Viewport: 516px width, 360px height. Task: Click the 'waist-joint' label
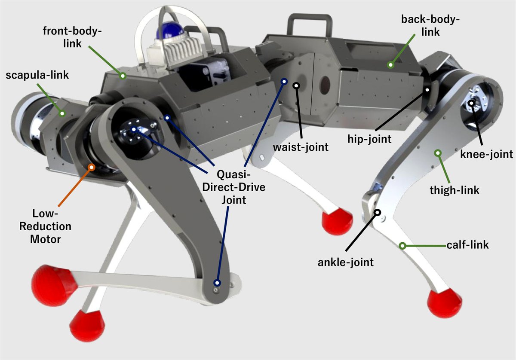[x=301, y=147]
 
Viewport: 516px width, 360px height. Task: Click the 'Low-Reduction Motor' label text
[x=51, y=226]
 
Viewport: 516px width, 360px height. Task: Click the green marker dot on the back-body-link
[x=390, y=65]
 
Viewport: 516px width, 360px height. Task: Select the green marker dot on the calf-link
[x=402, y=246]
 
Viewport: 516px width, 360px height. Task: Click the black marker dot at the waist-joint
[x=296, y=85]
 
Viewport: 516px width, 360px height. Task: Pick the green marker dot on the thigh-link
[x=438, y=153]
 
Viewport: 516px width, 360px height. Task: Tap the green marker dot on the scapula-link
[x=62, y=113]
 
